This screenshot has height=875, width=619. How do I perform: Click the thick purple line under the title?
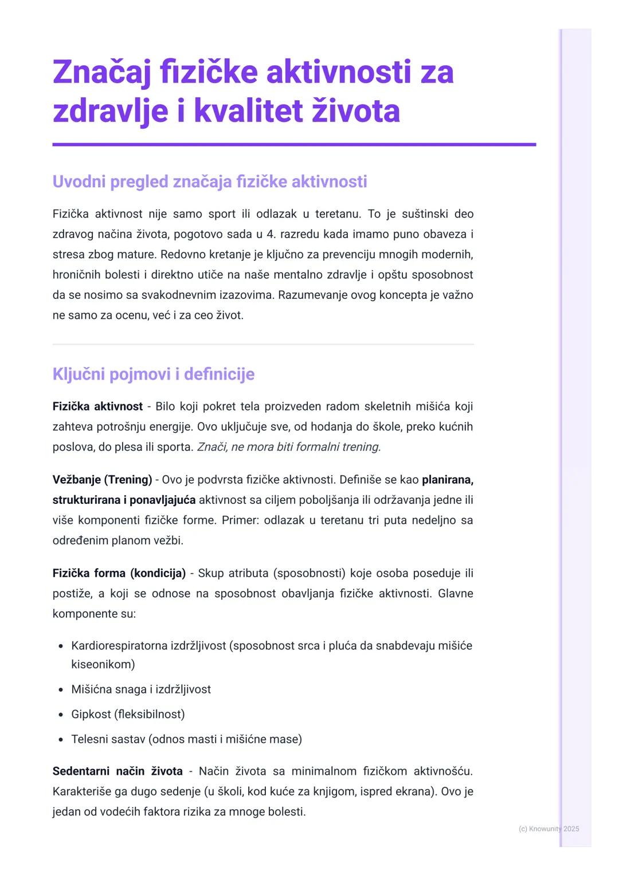294,145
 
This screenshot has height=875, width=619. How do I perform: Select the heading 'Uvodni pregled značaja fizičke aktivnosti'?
210,182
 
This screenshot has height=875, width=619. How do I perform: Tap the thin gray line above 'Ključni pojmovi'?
263,344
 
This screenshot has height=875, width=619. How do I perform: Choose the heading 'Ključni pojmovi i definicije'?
154,374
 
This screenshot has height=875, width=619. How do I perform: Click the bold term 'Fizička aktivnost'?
97,407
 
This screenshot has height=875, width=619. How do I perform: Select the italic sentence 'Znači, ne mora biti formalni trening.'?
289,447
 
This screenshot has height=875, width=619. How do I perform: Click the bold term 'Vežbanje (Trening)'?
102,479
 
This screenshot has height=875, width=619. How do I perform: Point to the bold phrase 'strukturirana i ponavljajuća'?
124,500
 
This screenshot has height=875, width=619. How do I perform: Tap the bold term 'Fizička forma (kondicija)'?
119,573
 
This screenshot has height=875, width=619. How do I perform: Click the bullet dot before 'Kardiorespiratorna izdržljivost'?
61,647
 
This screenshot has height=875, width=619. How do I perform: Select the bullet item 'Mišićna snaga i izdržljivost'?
141,689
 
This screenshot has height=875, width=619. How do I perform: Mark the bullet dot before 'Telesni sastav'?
61,740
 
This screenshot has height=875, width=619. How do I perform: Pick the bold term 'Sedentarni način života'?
117,771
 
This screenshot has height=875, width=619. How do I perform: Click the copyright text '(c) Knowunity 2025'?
549,829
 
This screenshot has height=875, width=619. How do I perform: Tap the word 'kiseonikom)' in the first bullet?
103,664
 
